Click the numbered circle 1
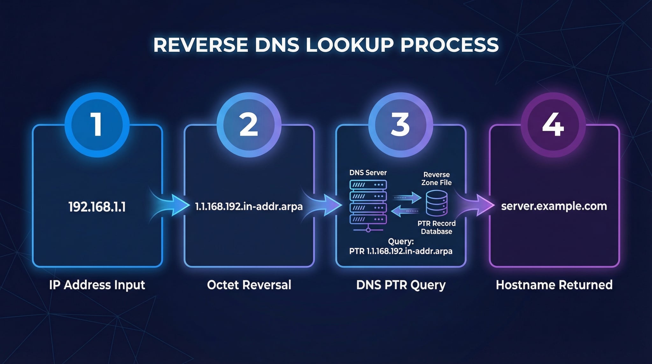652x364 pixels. (x=97, y=125)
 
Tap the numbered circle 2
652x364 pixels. (x=249, y=125)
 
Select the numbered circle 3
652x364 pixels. (x=400, y=125)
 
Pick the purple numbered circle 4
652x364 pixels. (x=553, y=125)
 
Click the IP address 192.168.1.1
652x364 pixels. (x=97, y=207)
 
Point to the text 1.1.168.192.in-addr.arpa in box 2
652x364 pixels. (x=249, y=207)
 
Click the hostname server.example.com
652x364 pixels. (x=554, y=206)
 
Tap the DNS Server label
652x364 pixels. (x=368, y=173)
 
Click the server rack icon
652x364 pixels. (x=368, y=204)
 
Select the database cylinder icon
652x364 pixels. (x=436, y=203)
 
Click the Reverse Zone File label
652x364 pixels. (x=436, y=179)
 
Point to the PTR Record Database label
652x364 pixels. (x=436, y=227)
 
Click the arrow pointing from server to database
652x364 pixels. (x=407, y=198)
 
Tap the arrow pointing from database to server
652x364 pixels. (x=405, y=211)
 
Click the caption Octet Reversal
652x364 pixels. (x=249, y=285)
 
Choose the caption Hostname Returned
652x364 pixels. (x=554, y=285)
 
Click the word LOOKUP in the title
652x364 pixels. (x=350, y=45)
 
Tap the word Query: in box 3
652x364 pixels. (x=401, y=241)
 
